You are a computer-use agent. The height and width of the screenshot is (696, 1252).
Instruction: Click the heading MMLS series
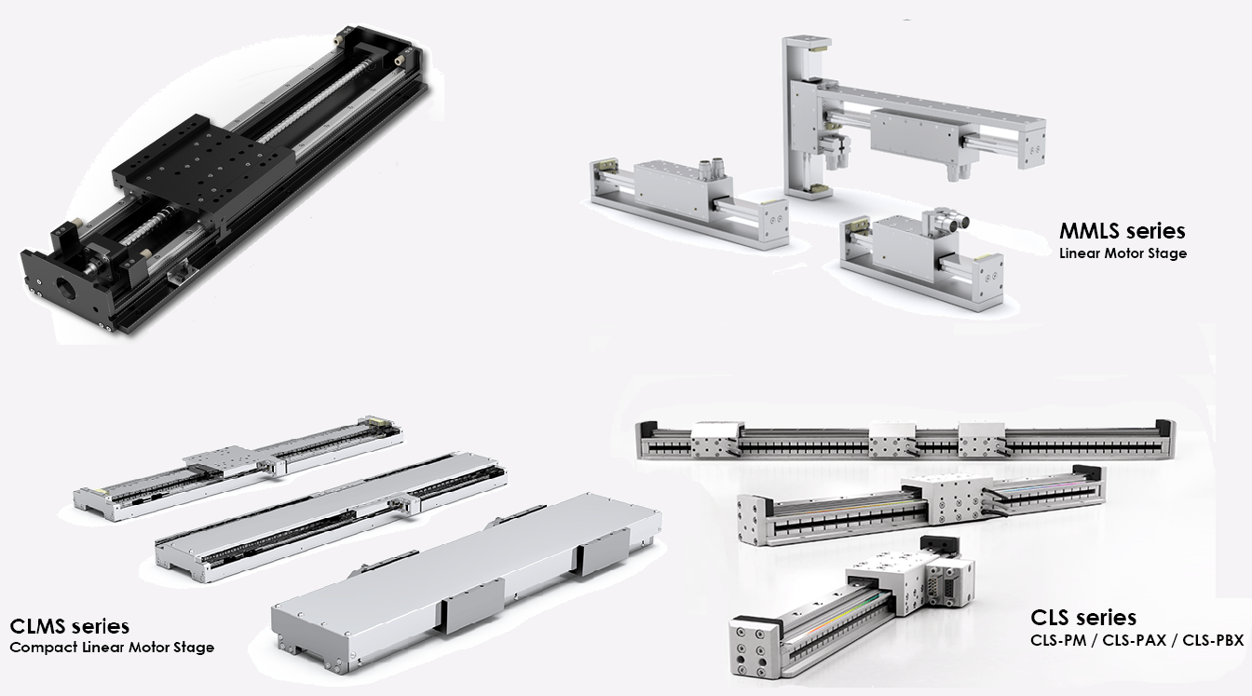[x=1123, y=231]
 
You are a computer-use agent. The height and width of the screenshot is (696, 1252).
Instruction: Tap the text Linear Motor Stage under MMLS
[x=1123, y=253]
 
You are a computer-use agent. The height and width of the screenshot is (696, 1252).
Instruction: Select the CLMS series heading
[x=69, y=625]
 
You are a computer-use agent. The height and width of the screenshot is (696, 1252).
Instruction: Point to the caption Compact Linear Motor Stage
[x=112, y=648]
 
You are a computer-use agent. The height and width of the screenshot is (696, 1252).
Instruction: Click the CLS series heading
[x=1083, y=617]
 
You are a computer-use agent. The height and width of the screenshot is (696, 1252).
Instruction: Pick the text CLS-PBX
[x=1213, y=641]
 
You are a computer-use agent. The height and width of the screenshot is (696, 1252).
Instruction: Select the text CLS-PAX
[x=1134, y=641]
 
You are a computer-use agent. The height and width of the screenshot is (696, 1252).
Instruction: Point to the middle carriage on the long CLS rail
[x=892, y=442]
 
